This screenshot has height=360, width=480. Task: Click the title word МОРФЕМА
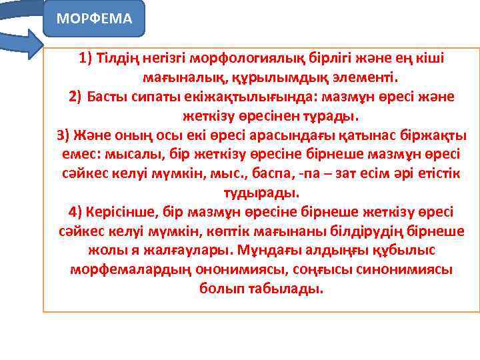pos(94,18)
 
